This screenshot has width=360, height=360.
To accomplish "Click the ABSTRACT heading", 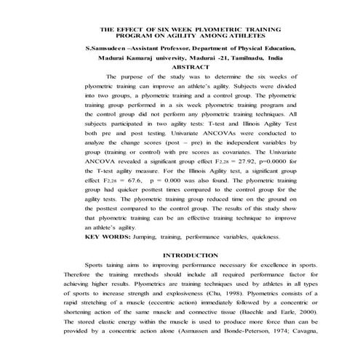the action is click(x=179, y=65).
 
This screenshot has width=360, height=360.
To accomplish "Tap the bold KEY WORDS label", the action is click(x=107, y=237).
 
